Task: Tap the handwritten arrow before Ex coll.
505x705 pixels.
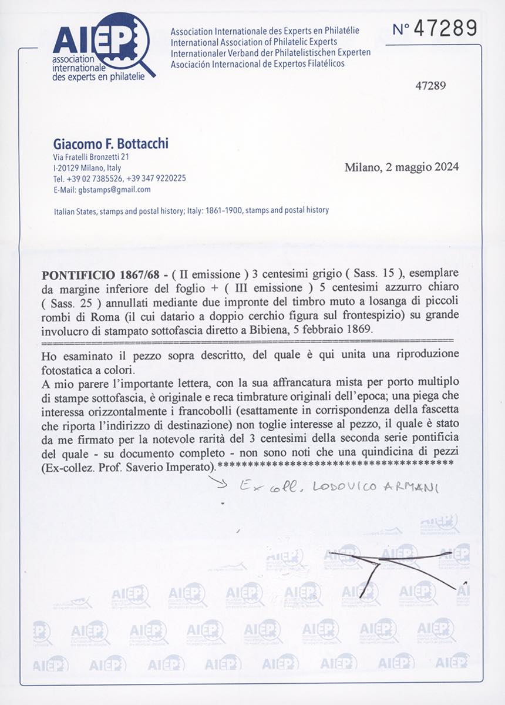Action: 223,485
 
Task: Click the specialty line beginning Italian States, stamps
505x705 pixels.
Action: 191,210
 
